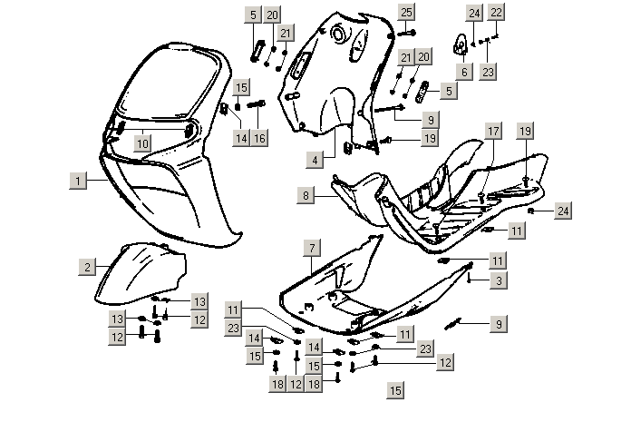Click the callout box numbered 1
(x=79, y=182)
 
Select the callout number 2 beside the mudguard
(x=86, y=266)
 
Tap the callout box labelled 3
(x=499, y=281)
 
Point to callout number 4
(x=315, y=160)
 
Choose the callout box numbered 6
(x=463, y=72)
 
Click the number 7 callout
(x=311, y=248)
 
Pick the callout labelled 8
(x=307, y=195)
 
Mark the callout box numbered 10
(x=142, y=142)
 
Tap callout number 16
(x=260, y=138)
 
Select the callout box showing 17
(x=492, y=131)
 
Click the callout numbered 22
(x=496, y=13)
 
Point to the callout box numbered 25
(x=406, y=12)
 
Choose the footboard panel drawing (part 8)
(x=435, y=195)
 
